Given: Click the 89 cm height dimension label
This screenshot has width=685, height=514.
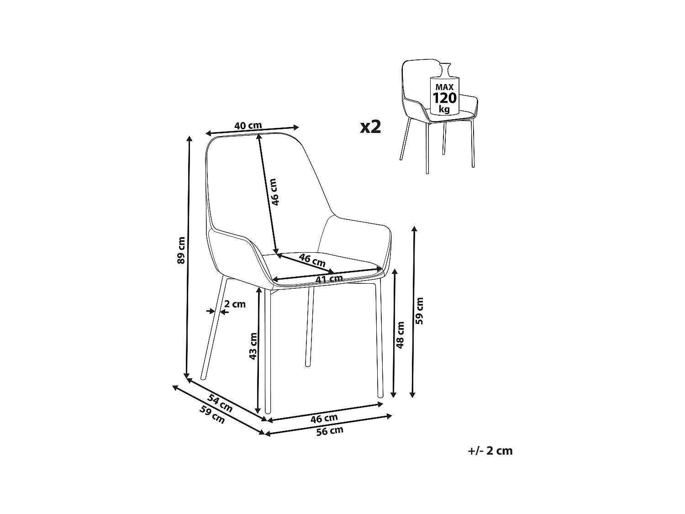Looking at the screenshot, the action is coord(181,251).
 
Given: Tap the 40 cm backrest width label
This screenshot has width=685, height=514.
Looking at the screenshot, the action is coord(248,125).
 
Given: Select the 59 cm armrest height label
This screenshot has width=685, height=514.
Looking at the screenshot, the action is coord(420,311).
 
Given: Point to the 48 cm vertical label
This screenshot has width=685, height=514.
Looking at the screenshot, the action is coord(400,335).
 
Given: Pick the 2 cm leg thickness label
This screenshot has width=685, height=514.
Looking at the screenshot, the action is coord(235,304).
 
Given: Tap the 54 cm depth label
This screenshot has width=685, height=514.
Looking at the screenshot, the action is coord(220,403).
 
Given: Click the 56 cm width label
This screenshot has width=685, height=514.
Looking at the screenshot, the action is coord(330,430).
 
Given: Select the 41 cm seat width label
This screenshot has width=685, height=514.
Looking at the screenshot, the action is coord(329,278).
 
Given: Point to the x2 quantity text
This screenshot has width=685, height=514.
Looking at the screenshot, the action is coord(370,127).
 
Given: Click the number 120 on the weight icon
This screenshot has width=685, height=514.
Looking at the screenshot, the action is coord(444,98).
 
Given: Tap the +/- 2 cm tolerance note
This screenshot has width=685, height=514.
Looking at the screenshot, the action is coord(490,450).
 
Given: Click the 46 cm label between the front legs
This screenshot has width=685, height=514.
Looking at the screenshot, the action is coord(324,418).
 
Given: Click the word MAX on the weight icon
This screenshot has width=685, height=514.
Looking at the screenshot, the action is coord(444,87).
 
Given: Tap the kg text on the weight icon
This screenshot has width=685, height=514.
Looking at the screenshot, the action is coord(444,109).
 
